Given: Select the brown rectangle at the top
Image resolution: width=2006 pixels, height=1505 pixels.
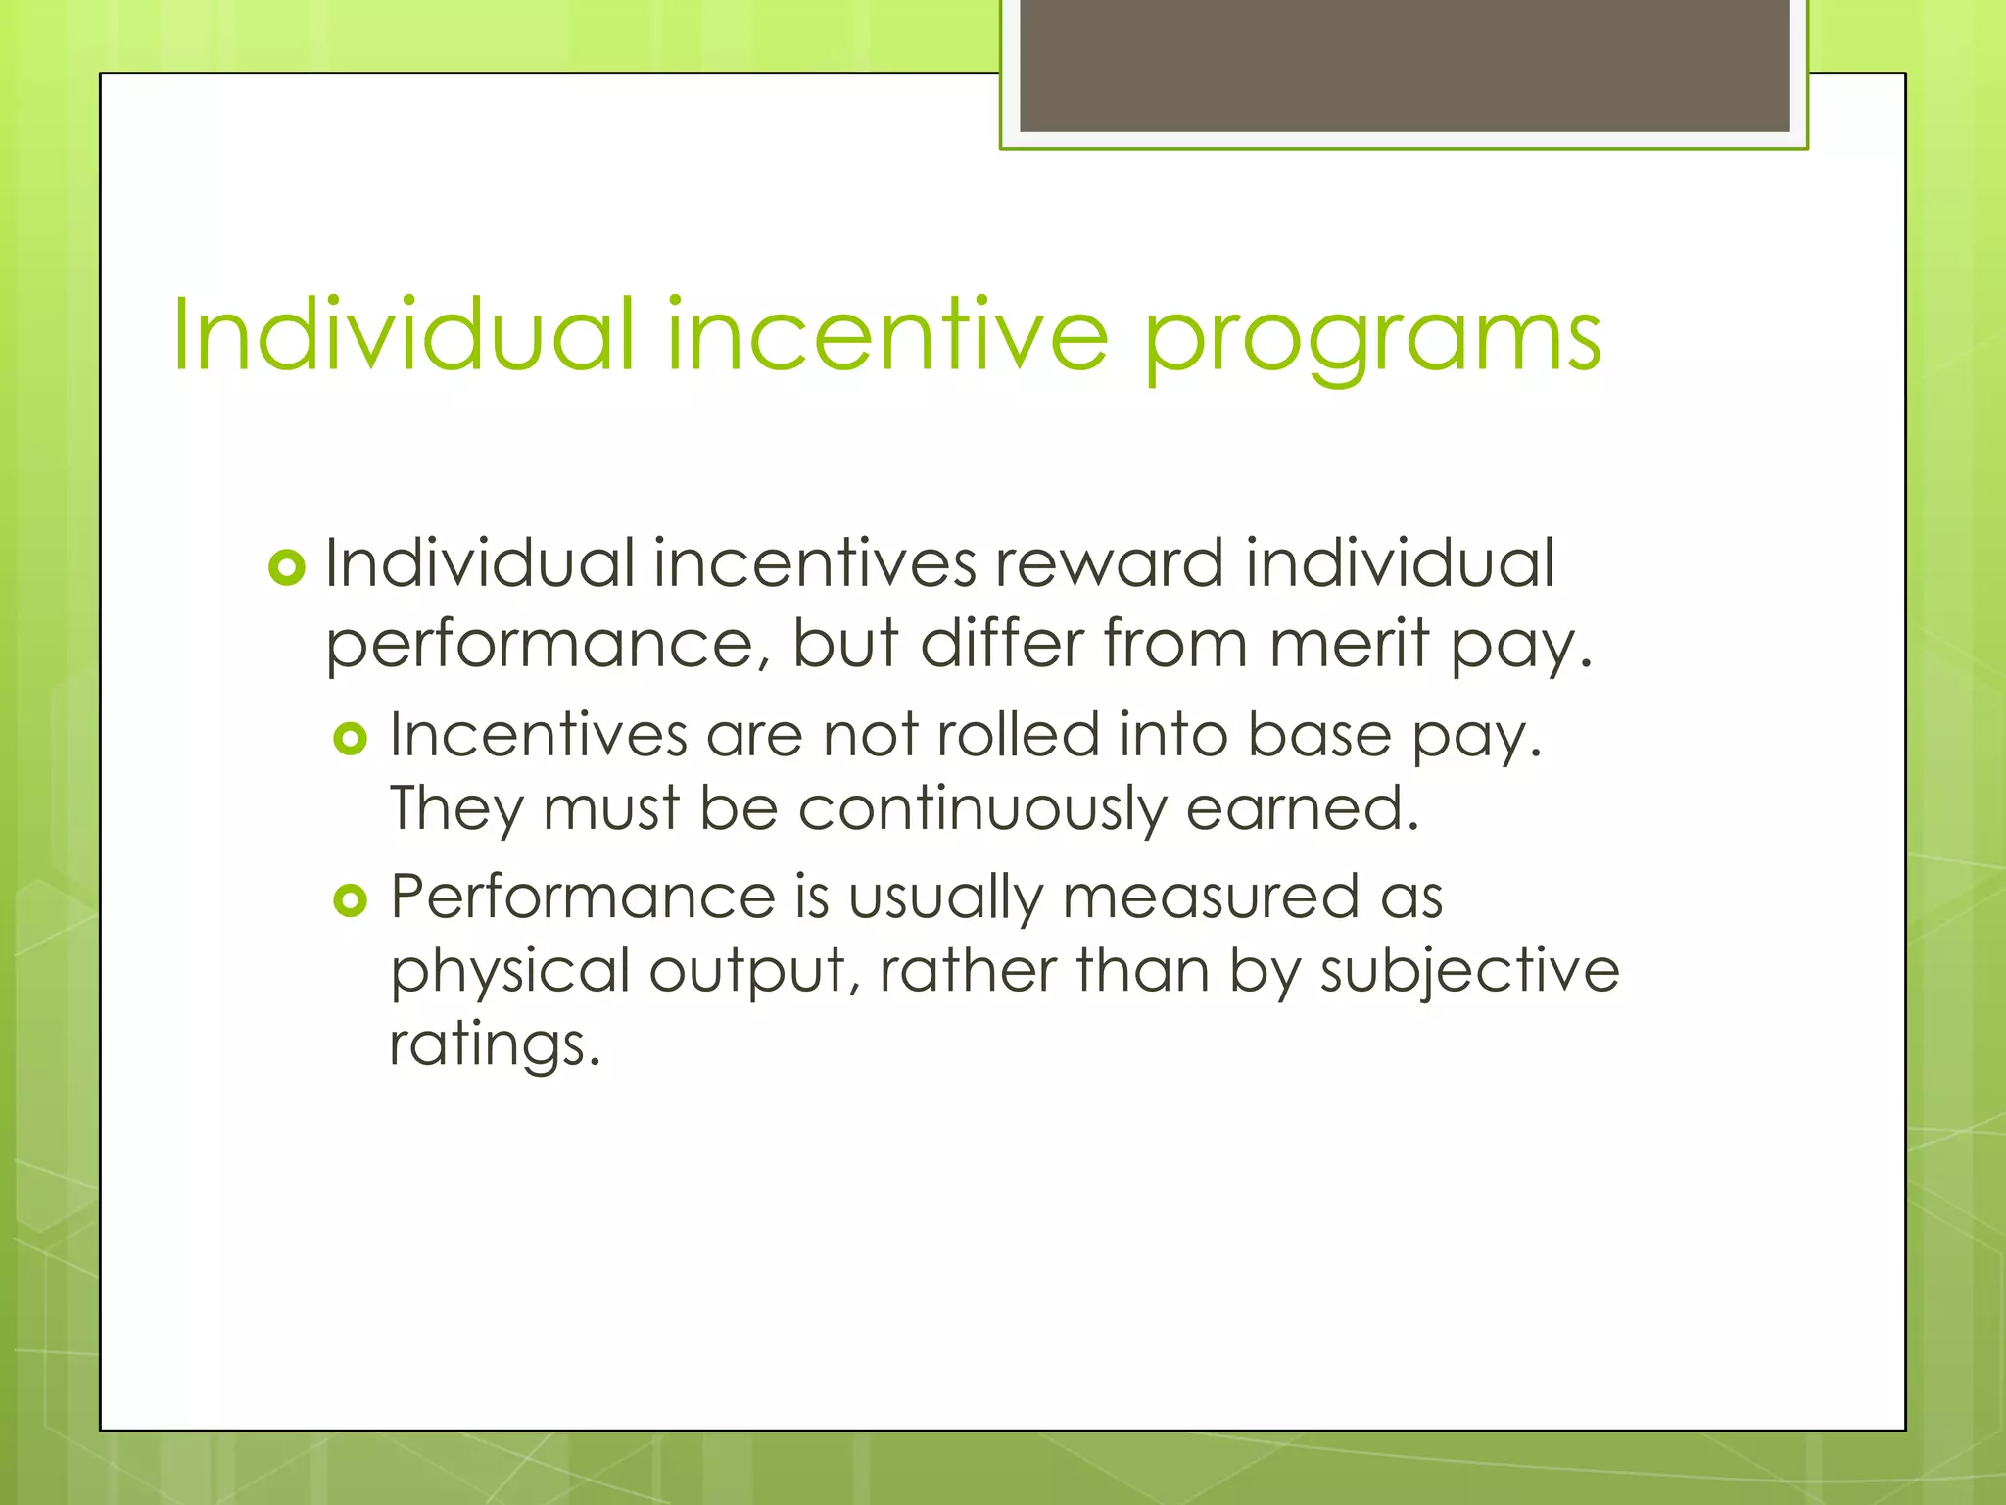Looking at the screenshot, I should pos(1404,66).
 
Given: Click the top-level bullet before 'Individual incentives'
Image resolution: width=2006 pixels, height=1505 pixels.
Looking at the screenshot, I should pos(287,567).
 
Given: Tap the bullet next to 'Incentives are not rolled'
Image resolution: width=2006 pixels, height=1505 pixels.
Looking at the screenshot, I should pos(350,738).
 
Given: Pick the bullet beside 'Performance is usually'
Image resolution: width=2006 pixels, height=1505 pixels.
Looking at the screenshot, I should pos(350,899).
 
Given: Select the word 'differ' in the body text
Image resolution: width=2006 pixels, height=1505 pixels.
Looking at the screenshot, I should pos(1001,644).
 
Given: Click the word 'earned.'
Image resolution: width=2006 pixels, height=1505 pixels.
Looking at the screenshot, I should pos(1302,809).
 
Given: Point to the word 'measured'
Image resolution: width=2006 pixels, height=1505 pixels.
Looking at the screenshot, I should pos(1210,898).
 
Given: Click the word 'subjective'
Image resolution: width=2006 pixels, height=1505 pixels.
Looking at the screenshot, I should pos(1469,972).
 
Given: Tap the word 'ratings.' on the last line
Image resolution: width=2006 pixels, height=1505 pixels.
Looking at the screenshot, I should pos(494,1045).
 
